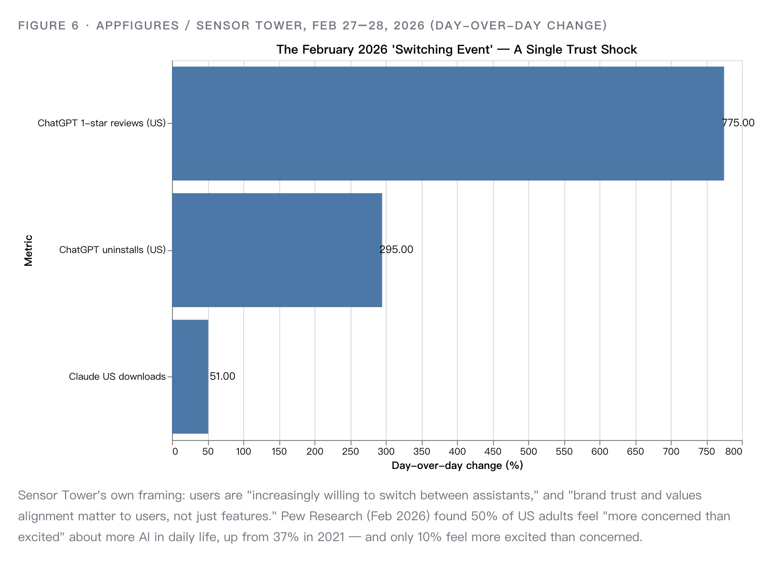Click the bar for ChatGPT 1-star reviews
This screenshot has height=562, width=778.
[x=448, y=123]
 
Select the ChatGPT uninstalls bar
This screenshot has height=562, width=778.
[x=277, y=250]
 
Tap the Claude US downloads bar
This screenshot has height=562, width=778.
[x=190, y=376]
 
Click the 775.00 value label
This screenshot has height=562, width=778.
[x=738, y=123]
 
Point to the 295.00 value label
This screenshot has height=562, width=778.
[x=396, y=250]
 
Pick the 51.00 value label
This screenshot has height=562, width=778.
[x=222, y=376]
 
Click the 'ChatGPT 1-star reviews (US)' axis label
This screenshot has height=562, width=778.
[x=102, y=123]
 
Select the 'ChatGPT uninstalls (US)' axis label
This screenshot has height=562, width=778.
[x=113, y=250]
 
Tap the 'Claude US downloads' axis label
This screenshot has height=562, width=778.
[x=117, y=376]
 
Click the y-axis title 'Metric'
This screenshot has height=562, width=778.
[x=28, y=251]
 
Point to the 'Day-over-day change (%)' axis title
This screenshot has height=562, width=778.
[x=457, y=466]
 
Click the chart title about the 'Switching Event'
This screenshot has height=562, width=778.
[x=457, y=50]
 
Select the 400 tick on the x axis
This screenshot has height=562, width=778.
[x=457, y=451]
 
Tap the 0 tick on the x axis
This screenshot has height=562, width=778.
[x=175, y=451]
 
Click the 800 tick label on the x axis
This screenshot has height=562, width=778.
[x=734, y=451]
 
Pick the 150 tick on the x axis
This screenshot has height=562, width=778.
[x=279, y=451]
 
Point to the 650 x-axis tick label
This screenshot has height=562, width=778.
[x=635, y=451]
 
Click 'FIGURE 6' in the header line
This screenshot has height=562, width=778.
[x=48, y=26]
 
